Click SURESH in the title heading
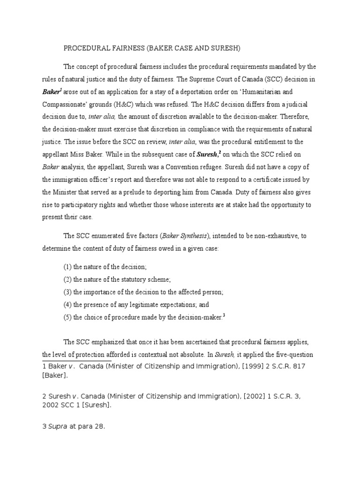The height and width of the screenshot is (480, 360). [226, 48]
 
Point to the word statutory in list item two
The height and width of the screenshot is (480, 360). [125, 279]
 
